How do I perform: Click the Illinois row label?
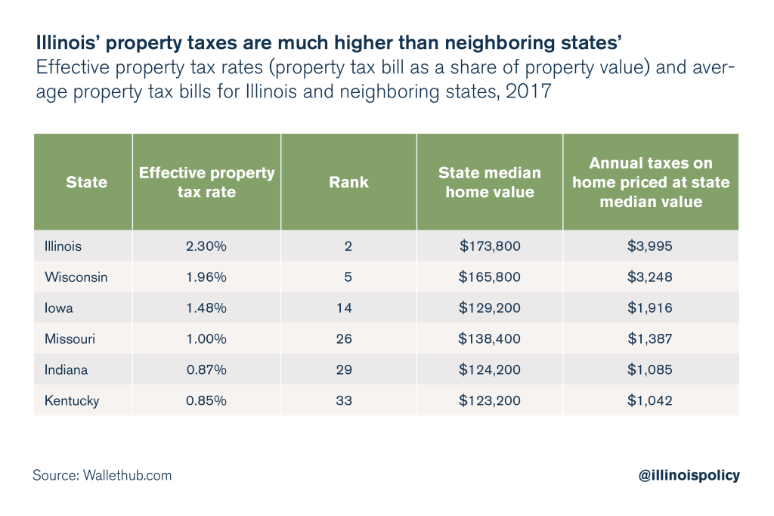(x=63, y=246)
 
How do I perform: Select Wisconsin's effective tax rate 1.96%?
(x=206, y=277)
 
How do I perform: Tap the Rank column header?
(x=348, y=182)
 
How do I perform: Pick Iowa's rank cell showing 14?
(x=344, y=308)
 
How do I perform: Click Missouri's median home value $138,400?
(x=489, y=339)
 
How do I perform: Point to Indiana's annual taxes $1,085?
(x=650, y=370)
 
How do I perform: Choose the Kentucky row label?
(x=72, y=401)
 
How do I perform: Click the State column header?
(x=86, y=182)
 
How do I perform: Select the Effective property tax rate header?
(x=206, y=182)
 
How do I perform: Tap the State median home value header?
(x=489, y=182)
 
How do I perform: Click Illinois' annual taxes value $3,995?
(x=650, y=246)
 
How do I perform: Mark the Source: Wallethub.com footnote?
(x=102, y=475)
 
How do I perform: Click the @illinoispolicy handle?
(x=689, y=475)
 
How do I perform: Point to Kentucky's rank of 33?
(x=344, y=401)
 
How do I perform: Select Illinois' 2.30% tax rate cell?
(x=206, y=246)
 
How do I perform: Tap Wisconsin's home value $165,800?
(x=489, y=277)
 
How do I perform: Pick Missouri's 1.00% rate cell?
(x=206, y=339)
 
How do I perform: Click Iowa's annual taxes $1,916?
(x=650, y=308)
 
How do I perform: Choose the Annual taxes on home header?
(x=650, y=182)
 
